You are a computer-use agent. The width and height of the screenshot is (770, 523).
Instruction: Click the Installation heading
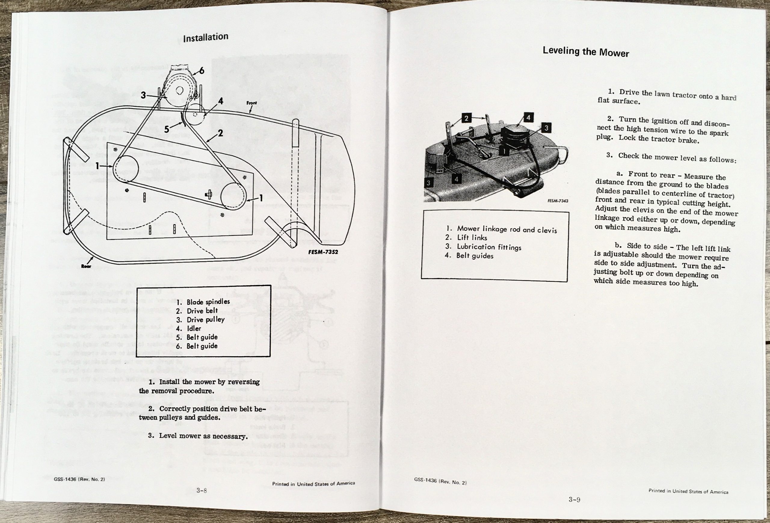205,37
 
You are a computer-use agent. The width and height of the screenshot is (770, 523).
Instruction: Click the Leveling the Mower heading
585,52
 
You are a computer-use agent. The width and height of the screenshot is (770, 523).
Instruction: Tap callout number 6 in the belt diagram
202,71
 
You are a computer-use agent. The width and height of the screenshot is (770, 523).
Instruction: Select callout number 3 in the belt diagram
143,95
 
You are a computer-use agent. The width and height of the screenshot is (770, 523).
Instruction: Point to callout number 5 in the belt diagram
167,129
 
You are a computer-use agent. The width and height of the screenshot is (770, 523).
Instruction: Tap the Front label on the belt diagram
251,103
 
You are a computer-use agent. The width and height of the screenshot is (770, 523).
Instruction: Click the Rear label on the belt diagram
86,266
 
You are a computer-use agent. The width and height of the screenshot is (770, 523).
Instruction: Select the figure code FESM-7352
323,252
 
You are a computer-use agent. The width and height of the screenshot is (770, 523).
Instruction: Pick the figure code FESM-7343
558,201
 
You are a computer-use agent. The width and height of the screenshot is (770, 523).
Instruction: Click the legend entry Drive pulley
205,320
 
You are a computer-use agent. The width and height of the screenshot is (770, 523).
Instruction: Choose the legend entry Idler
194,328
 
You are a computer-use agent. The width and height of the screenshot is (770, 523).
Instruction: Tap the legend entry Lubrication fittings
489,247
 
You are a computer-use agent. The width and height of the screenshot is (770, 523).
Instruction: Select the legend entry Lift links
472,238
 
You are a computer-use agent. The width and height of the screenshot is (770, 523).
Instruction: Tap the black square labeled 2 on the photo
466,118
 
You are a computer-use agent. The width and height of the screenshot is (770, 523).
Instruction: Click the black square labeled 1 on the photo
503,151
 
